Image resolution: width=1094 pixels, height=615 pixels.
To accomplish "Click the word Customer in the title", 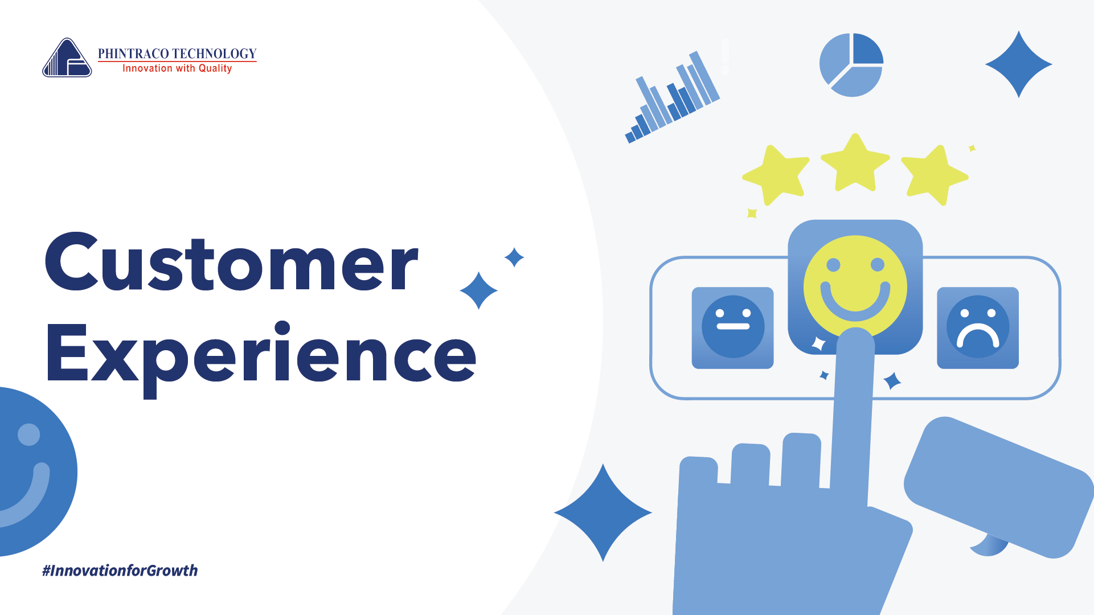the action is (x=232, y=263).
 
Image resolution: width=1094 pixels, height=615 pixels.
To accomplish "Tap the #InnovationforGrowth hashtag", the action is (x=120, y=571).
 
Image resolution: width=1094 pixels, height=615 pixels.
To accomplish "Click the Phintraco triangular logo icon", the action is (x=67, y=58).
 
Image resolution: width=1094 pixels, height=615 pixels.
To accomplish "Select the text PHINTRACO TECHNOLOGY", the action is (x=177, y=54).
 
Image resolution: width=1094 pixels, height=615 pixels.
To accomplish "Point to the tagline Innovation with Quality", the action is (x=177, y=68).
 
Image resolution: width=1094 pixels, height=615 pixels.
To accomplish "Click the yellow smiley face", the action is (x=855, y=286).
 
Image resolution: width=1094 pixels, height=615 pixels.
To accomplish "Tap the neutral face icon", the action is (x=733, y=327).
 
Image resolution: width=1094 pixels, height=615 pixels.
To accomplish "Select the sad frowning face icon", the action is (x=978, y=327).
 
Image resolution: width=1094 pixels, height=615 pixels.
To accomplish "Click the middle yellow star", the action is (x=855, y=163).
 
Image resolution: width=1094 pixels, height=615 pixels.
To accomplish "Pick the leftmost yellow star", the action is (x=776, y=174).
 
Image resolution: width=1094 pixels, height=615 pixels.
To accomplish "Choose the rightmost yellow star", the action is (x=934, y=174).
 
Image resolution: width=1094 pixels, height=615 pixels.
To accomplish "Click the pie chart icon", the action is (x=851, y=65).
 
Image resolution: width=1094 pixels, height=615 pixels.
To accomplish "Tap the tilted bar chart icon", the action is (x=673, y=97).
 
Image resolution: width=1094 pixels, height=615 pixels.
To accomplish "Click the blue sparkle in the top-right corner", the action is (x=1019, y=64).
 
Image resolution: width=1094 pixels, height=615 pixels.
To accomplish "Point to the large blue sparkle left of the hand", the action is (x=603, y=512).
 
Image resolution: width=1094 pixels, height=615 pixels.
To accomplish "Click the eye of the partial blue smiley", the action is (x=29, y=434).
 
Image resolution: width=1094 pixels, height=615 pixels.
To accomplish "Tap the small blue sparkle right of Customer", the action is (x=514, y=257).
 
